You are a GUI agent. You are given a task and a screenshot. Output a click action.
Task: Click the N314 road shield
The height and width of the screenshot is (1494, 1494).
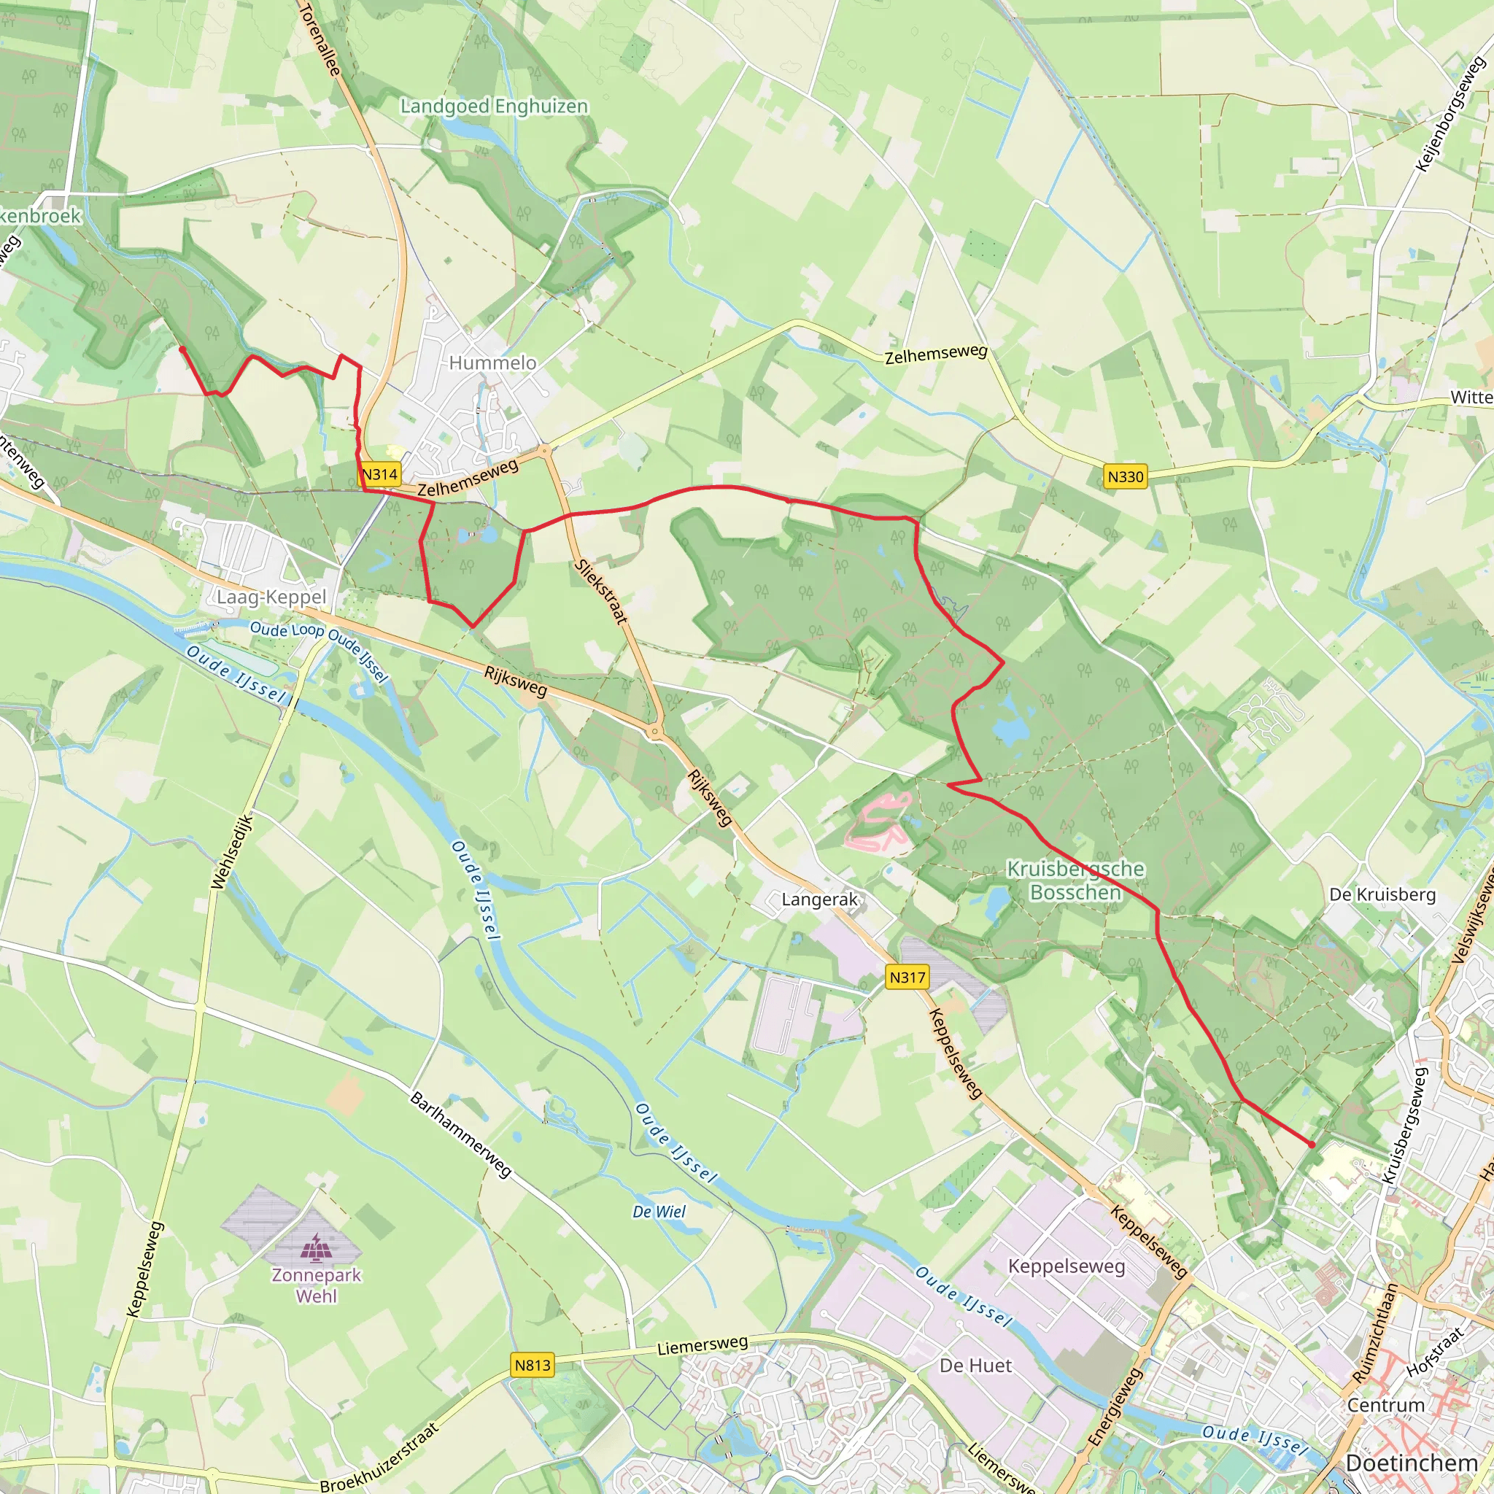[x=379, y=474]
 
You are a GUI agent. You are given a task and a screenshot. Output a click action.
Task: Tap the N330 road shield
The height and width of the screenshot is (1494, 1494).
[x=1125, y=476]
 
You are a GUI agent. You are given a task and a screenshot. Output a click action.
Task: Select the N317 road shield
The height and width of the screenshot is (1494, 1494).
[x=907, y=978]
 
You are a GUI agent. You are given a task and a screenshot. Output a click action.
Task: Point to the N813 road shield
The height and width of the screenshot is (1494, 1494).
[x=533, y=1365]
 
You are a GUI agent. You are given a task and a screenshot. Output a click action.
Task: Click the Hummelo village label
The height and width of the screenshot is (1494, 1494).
[x=492, y=363]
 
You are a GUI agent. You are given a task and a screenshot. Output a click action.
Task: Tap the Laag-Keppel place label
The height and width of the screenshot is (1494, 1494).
[x=271, y=597]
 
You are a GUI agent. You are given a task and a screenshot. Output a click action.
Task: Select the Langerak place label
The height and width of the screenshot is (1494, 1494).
[x=820, y=899]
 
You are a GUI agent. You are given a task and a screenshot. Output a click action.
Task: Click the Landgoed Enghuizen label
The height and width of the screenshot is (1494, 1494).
[x=494, y=106]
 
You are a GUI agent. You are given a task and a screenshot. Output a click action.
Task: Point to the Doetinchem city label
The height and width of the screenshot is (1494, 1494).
[x=1412, y=1463]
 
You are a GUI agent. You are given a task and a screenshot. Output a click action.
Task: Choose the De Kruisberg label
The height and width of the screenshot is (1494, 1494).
[x=1382, y=894]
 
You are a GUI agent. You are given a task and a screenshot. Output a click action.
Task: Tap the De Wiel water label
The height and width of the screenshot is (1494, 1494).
[x=659, y=1212]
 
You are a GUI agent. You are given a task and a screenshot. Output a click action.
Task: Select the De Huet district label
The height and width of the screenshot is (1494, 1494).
[x=975, y=1366]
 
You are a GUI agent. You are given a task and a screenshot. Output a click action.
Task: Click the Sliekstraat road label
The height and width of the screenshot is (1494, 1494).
[x=602, y=592]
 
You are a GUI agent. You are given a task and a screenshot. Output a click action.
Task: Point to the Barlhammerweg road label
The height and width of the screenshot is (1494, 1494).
[x=461, y=1135]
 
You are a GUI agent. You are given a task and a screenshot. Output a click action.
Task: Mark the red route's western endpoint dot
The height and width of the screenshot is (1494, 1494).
[x=182, y=349]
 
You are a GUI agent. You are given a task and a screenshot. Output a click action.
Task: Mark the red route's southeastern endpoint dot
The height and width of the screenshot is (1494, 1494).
[x=1312, y=1145]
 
